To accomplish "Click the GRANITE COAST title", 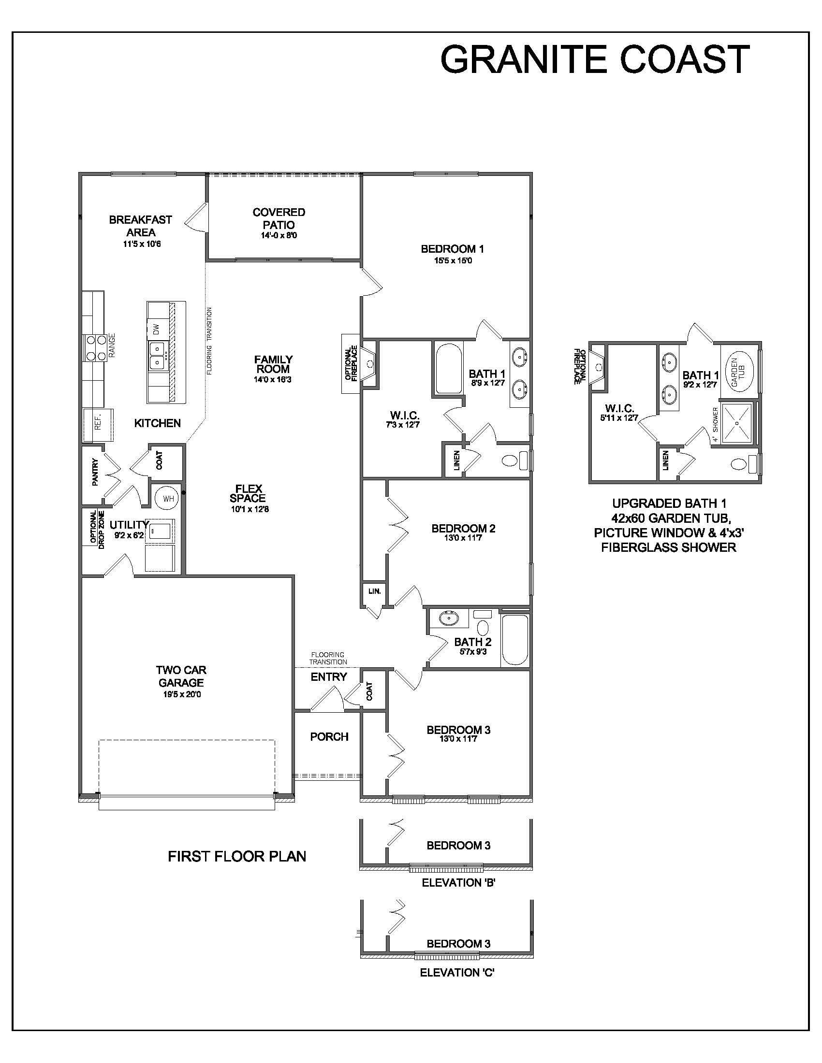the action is pyautogui.click(x=595, y=59).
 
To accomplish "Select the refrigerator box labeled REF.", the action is pyautogui.click(x=98, y=424).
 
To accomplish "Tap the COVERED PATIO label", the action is pyautogui.click(x=279, y=218).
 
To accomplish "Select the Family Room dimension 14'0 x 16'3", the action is pyautogui.click(x=274, y=380).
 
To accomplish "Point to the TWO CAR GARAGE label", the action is pyautogui.click(x=181, y=676).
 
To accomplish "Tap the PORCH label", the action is pyautogui.click(x=329, y=737).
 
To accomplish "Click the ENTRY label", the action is pyautogui.click(x=329, y=676).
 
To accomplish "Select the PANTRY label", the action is pyautogui.click(x=95, y=472).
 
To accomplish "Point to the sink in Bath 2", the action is pyautogui.click(x=449, y=618).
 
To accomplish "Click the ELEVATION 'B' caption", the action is pyautogui.click(x=459, y=882).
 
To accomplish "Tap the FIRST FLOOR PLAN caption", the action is pyautogui.click(x=237, y=857).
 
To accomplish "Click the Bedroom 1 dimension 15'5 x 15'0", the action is pyautogui.click(x=454, y=261).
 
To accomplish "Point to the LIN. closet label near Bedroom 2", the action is pyautogui.click(x=374, y=591).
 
